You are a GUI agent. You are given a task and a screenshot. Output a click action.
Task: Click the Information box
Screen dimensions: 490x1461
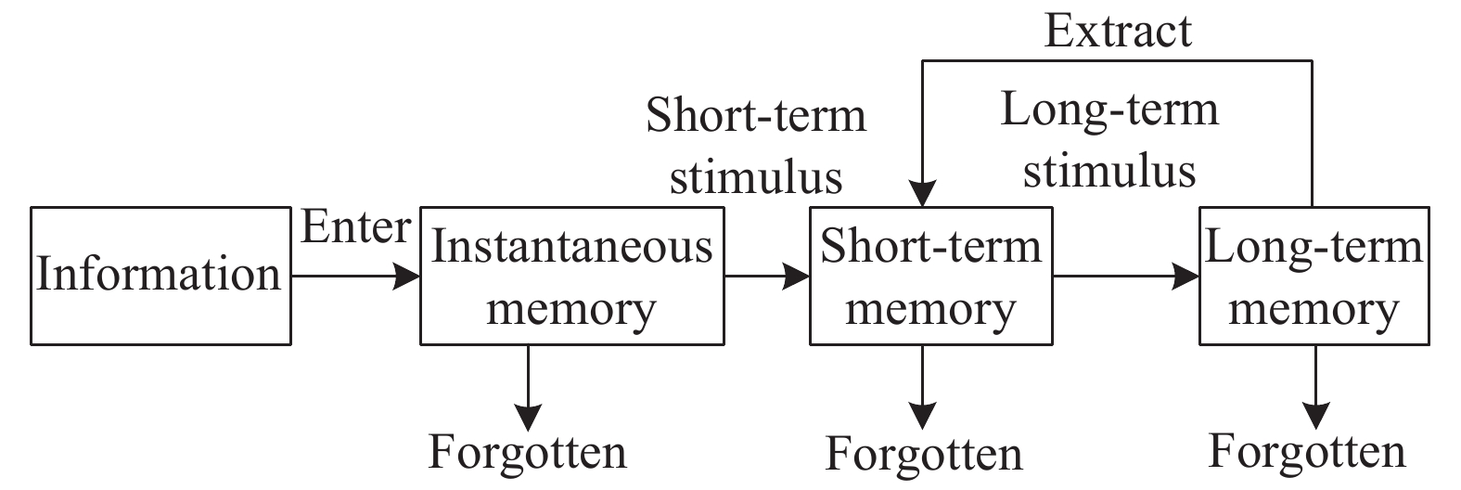point(160,276)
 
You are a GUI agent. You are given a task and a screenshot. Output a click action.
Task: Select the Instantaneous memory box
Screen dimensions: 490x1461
point(571,276)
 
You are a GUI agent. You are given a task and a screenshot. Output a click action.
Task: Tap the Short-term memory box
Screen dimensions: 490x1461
point(930,276)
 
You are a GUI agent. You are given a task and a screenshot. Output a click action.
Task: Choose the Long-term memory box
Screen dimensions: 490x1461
point(1313,276)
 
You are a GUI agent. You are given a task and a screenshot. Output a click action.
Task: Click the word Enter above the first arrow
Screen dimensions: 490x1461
point(355,228)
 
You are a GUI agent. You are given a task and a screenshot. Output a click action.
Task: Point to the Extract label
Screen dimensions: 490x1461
point(1117,31)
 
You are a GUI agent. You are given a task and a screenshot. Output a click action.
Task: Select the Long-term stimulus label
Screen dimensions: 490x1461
point(1109,140)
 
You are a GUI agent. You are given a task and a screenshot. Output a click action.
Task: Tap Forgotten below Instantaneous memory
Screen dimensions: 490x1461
point(528,452)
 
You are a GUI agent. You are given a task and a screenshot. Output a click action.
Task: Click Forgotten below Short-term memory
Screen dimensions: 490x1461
point(924,455)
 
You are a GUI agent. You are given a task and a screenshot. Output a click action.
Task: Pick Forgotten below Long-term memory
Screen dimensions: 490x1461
point(1307,452)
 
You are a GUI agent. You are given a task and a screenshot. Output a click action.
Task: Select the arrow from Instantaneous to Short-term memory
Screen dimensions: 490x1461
point(766,276)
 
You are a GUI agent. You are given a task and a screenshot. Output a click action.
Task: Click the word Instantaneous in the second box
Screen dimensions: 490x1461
point(571,247)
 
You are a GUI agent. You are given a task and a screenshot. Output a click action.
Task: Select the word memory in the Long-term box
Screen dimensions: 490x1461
point(1313,309)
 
